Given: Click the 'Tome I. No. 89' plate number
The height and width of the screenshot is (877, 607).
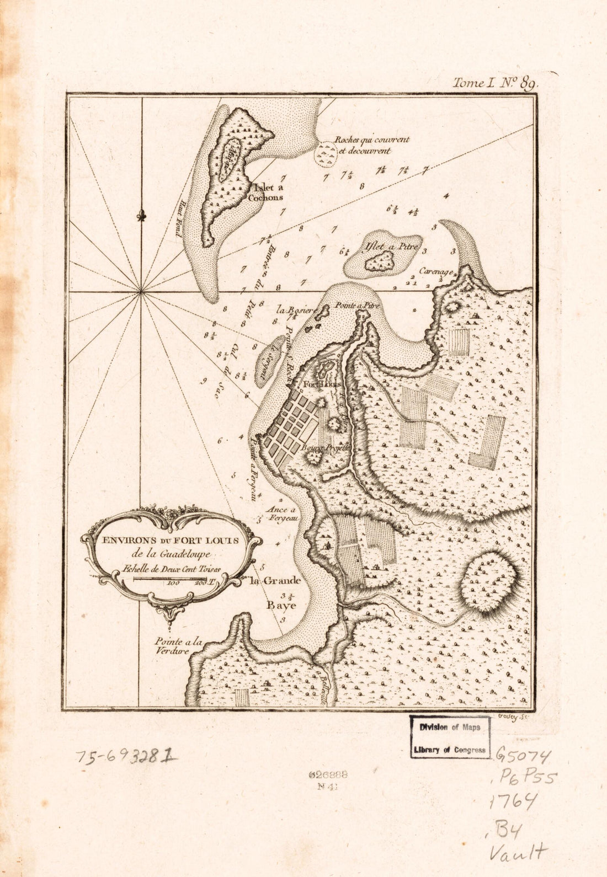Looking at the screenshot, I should click(494, 83).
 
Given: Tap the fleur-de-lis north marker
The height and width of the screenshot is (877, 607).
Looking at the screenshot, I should click(142, 216).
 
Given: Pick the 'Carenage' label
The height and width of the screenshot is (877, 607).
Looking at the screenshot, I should click(436, 271).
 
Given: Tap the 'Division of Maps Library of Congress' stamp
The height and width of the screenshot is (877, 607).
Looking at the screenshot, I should click(450, 737).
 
